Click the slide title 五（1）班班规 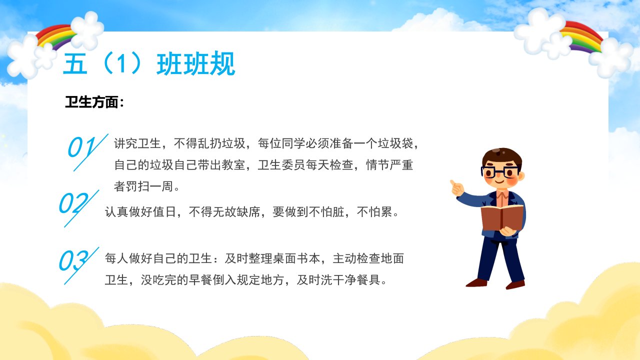[x=149, y=63]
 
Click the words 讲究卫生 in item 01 [x=137, y=143]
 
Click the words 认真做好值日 [x=140, y=212]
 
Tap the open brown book [x=502, y=217]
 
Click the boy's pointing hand [x=456, y=188]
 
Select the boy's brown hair [x=501, y=156]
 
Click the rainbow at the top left [x=56, y=37]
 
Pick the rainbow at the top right [x=581, y=37]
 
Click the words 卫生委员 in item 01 [x=281, y=165]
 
